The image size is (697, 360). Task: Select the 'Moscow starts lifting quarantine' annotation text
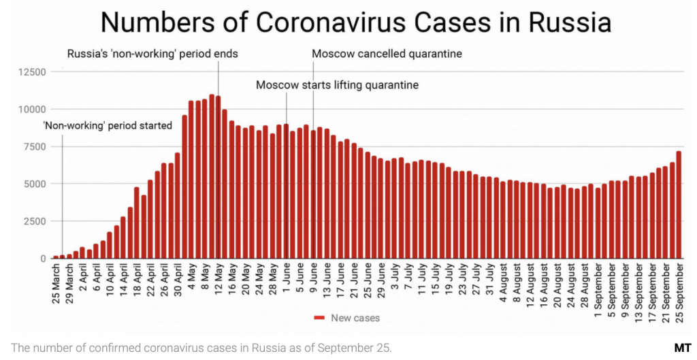337,85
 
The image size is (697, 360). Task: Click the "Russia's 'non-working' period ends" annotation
151,53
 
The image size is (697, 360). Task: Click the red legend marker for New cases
319,317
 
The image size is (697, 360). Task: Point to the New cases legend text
355,317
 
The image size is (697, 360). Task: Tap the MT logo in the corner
683,348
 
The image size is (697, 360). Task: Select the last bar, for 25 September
678,205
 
